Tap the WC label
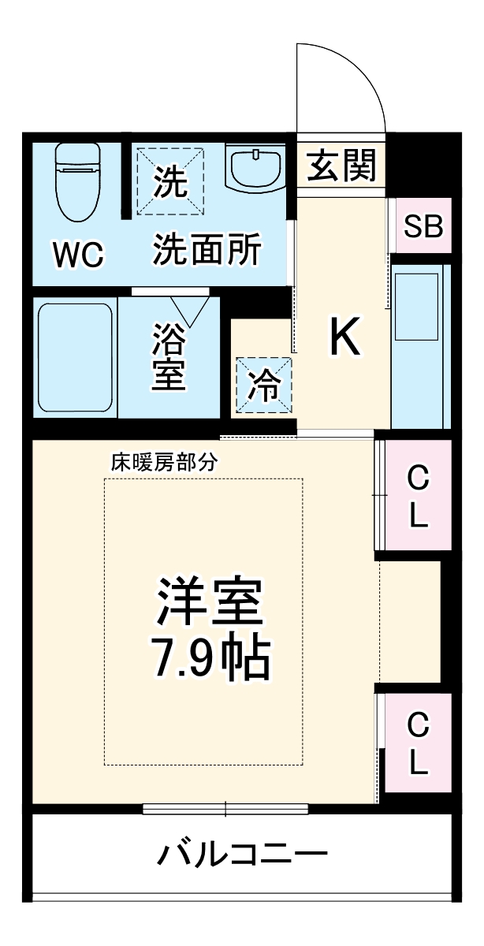point(78,255)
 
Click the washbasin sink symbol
point(256,168)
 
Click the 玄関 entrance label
point(341,166)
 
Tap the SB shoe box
point(423,226)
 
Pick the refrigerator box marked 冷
point(264,384)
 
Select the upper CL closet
point(418,495)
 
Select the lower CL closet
point(418,743)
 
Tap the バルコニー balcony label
point(242,855)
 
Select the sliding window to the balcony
point(225,808)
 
